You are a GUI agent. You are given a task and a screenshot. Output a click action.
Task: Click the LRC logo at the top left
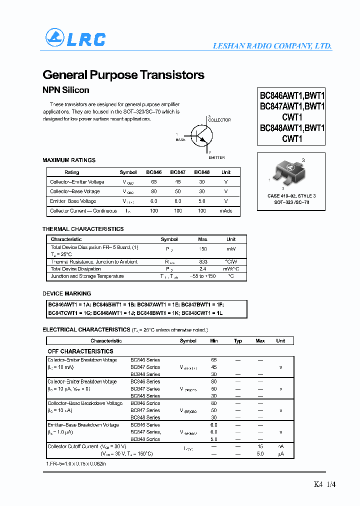(x=75, y=38)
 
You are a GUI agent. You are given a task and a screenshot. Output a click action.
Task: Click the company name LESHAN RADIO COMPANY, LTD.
(x=272, y=46)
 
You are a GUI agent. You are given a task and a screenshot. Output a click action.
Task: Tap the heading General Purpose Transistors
(x=123, y=75)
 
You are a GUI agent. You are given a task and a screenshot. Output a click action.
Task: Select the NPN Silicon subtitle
(x=66, y=90)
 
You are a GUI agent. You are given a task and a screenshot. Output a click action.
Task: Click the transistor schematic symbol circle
(x=202, y=135)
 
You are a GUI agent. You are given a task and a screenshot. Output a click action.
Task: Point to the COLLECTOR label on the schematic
(x=219, y=120)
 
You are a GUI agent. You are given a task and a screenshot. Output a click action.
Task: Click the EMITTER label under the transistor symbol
(x=216, y=157)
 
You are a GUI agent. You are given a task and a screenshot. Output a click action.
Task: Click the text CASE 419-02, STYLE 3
(x=291, y=196)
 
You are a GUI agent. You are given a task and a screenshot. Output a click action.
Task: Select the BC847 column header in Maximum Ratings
(x=177, y=172)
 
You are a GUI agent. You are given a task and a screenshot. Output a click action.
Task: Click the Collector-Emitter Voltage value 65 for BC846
(x=154, y=182)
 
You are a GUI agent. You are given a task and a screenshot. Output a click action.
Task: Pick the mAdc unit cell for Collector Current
(x=226, y=211)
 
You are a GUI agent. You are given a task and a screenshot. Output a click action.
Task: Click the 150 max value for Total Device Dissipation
(x=203, y=248)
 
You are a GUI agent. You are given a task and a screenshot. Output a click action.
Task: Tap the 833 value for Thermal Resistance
(x=203, y=262)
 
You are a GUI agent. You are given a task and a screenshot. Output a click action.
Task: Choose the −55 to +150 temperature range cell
(x=202, y=276)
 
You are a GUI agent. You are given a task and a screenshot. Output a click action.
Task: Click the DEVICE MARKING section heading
(x=67, y=293)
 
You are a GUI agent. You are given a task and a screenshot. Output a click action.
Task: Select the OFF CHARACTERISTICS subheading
(x=80, y=351)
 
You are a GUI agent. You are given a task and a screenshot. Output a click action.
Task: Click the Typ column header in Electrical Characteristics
(x=238, y=341)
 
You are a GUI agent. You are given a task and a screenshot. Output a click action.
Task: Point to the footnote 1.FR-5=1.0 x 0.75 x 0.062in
(x=75, y=463)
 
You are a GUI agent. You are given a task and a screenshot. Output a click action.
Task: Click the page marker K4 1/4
(x=324, y=484)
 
